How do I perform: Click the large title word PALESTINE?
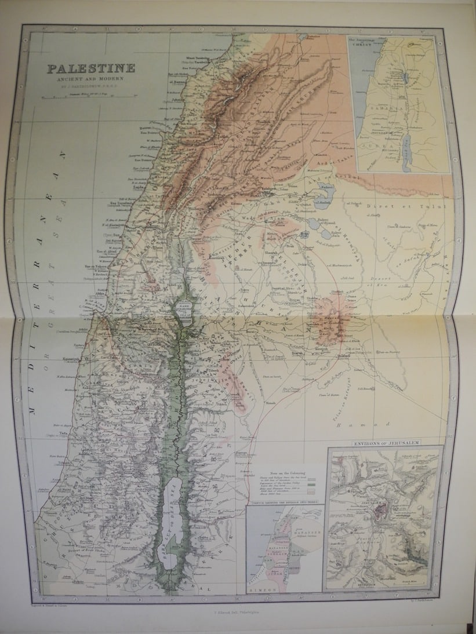point(91,68)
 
